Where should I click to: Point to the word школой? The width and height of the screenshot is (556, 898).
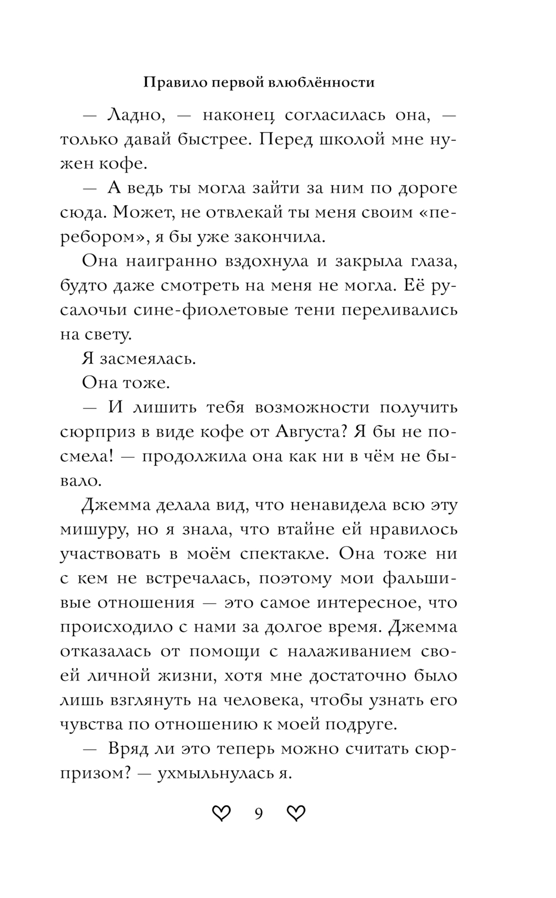click(358, 139)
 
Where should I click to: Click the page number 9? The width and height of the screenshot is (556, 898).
click(259, 814)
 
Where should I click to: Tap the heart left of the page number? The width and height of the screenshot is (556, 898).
click(221, 814)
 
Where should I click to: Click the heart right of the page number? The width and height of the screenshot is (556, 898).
click(296, 814)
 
